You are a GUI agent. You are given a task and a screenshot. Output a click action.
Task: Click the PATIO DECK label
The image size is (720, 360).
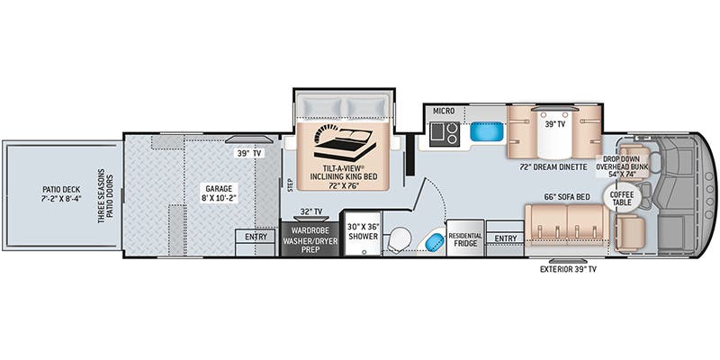[x=61, y=194]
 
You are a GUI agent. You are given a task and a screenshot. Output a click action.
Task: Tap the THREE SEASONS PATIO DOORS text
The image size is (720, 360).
[x=104, y=195]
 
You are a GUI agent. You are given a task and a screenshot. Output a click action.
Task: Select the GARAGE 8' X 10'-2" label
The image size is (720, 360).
[x=215, y=193]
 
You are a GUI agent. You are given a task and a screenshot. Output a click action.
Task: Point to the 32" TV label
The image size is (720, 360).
[x=310, y=211]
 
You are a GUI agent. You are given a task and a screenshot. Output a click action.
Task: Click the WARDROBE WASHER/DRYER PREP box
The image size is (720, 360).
[x=310, y=239]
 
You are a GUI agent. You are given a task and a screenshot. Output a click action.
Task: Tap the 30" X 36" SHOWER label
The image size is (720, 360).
[x=363, y=231]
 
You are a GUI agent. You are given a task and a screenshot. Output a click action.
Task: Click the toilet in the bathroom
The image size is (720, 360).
[x=398, y=241]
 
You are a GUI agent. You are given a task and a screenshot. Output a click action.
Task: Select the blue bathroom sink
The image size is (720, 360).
[x=435, y=241]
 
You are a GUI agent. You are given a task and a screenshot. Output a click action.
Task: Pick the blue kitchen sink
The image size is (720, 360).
[x=487, y=131]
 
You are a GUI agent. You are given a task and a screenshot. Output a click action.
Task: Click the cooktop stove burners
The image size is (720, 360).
[x=445, y=134]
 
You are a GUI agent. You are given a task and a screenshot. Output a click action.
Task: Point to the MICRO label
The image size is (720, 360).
[x=444, y=111]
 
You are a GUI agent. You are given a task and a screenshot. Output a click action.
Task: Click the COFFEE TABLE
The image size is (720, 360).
[x=622, y=198]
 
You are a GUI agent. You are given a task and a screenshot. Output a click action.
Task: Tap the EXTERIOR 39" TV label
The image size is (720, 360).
[x=568, y=269]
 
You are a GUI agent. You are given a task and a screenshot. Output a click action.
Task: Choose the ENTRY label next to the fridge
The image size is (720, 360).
[x=505, y=238]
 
